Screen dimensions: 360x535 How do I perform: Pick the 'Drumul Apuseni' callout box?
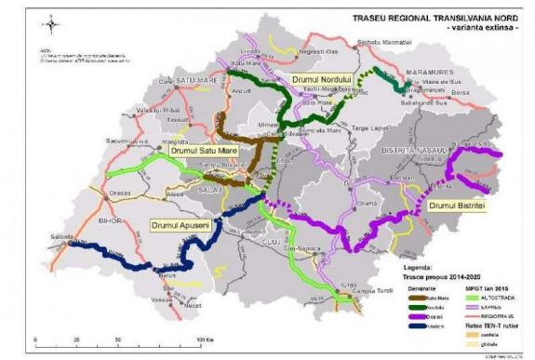(181, 225)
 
